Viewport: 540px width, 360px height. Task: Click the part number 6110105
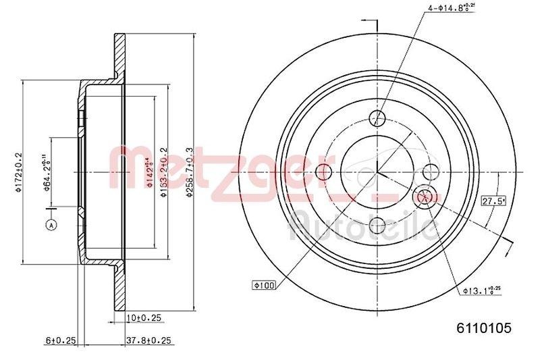pyautogui.click(x=484, y=328)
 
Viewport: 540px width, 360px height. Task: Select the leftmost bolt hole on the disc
pyautogui.click(x=323, y=170)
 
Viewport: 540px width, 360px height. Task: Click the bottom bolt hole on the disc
pyautogui.click(x=378, y=225)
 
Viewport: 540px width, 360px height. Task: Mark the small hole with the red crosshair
pyautogui.click(x=425, y=196)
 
